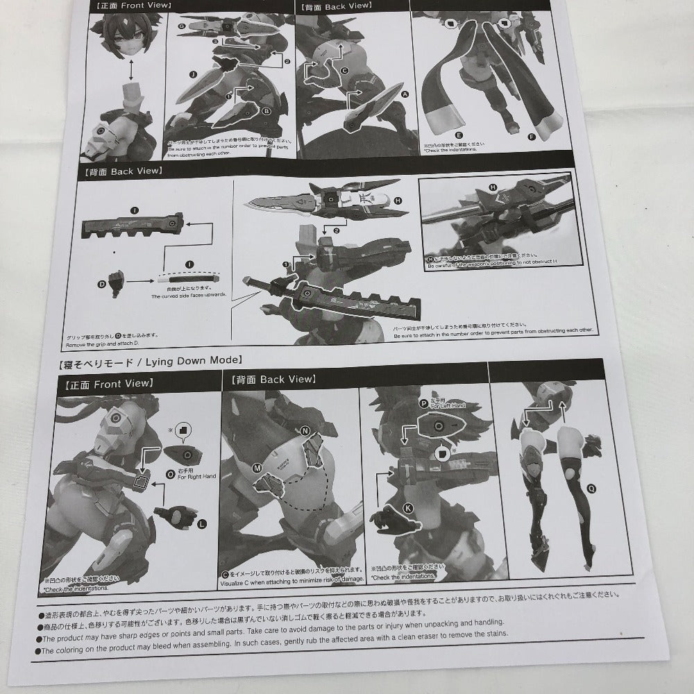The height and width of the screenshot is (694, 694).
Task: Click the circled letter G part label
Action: (x=182, y=26)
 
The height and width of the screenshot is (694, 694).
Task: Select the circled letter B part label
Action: (x=266, y=110)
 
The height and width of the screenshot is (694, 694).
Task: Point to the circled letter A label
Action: (x=405, y=93)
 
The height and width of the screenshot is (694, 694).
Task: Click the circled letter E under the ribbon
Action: (x=459, y=136)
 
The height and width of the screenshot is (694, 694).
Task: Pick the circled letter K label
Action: (x=407, y=508)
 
